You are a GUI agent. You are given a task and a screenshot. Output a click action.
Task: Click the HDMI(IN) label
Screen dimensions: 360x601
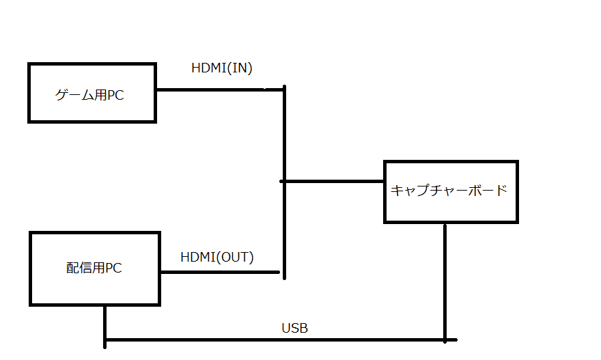(x=223, y=68)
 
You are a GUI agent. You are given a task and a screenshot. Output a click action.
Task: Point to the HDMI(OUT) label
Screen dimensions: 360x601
(x=216, y=258)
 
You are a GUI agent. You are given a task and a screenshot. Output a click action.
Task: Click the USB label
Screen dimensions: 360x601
(x=294, y=329)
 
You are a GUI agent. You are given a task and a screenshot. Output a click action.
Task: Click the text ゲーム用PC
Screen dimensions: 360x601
(x=89, y=95)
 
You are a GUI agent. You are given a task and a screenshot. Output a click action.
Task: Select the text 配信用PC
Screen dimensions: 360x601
(x=94, y=268)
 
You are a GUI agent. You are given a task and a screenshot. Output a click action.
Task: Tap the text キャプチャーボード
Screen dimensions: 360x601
(x=449, y=191)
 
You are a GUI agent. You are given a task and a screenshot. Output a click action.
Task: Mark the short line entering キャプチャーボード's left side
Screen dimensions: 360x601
(x=333, y=181)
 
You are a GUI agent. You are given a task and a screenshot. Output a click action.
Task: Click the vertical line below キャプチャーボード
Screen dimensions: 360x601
(x=445, y=280)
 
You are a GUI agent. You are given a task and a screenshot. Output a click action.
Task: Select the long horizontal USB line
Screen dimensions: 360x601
(x=273, y=340)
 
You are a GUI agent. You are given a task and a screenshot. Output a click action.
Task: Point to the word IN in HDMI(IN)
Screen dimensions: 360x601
(x=242, y=68)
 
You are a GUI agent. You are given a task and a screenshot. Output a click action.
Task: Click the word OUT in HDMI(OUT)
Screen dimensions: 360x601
(x=237, y=258)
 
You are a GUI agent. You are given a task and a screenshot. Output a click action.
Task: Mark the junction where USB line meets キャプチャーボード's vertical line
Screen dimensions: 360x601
(x=445, y=340)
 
